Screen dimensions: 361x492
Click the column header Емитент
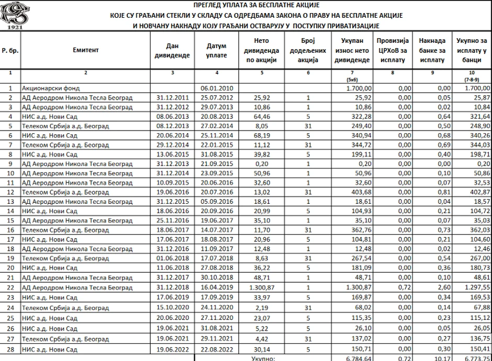[x=85, y=50]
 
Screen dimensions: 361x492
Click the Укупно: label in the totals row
[x=263, y=358]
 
